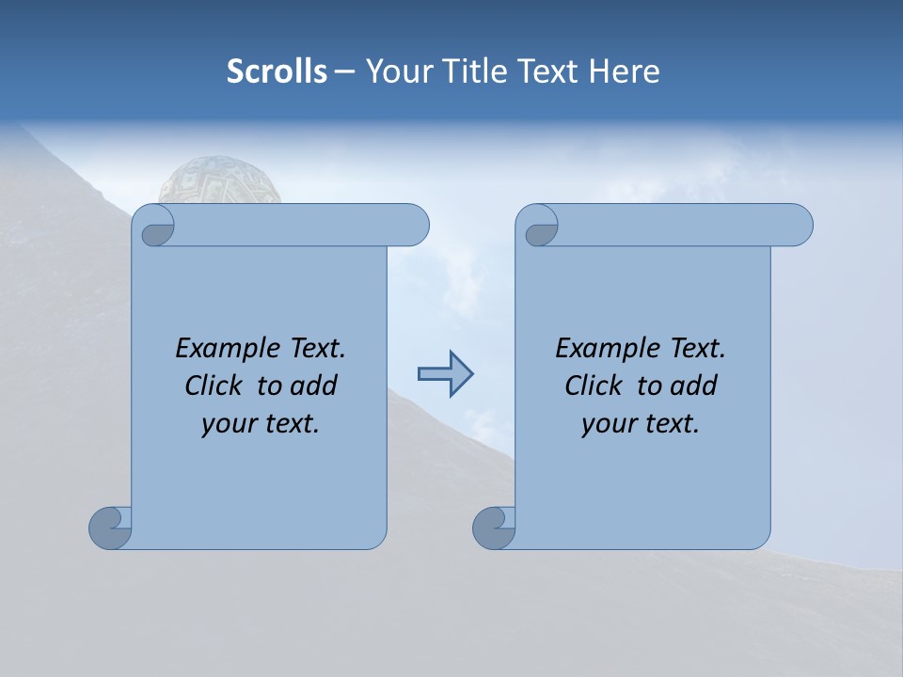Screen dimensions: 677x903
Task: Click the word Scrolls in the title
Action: (277, 71)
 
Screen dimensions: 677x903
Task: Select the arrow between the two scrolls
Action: (445, 374)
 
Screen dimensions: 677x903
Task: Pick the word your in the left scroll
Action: (227, 424)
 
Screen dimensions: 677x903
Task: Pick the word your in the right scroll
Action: (607, 424)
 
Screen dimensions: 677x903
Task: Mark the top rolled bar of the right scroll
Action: (677, 225)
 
